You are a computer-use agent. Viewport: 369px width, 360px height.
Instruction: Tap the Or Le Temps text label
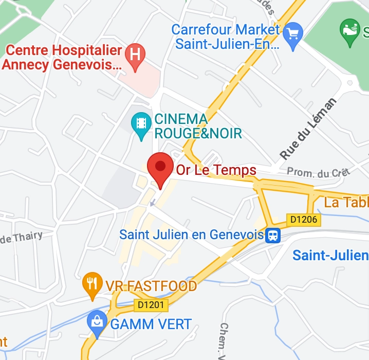tap(216, 170)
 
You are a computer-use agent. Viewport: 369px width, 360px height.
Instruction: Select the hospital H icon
tap(136, 53)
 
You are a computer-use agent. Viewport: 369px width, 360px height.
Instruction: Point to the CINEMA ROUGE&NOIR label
tap(198, 127)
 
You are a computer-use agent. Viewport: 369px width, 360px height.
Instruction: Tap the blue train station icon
tap(273, 236)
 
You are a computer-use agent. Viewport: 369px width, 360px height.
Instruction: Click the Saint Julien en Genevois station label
tap(191, 235)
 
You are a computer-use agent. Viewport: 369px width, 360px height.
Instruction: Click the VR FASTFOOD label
tap(151, 286)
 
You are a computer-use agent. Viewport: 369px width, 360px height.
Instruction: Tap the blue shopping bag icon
tap(96, 322)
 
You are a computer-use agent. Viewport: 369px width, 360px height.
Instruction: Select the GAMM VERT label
tap(151, 325)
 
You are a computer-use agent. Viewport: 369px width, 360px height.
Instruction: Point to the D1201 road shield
tap(152, 305)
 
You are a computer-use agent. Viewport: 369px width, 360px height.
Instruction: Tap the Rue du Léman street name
tap(308, 129)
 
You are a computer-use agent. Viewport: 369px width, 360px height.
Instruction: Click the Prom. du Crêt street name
tap(318, 172)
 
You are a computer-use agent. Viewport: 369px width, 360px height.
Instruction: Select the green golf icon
tap(351, 28)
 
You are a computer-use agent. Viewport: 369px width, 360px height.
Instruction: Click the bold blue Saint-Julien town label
tap(330, 255)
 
